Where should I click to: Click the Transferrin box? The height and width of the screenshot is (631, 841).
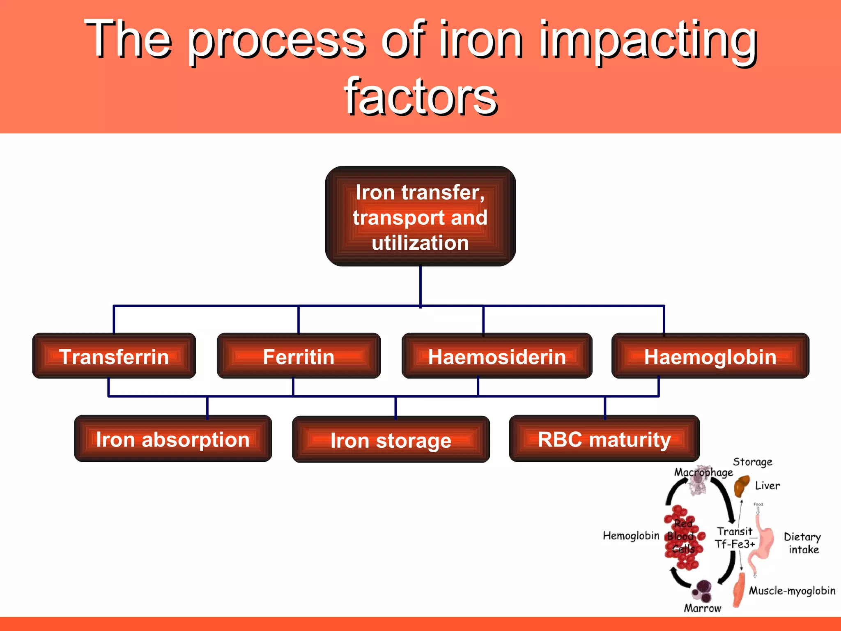point(114,356)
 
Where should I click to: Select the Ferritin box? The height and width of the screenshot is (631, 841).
point(299,356)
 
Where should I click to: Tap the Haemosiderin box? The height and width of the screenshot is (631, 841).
point(497,356)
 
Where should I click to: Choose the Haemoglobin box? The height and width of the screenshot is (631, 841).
point(710,356)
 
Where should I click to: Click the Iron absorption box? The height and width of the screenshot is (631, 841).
point(173,439)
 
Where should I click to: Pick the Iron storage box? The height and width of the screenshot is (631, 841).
point(391,440)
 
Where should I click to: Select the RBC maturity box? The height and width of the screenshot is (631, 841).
point(604,439)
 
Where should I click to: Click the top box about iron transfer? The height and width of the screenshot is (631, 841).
point(420,216)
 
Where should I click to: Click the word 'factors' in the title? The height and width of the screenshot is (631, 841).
point(420,97)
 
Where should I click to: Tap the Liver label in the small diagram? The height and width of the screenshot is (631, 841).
point(767,486)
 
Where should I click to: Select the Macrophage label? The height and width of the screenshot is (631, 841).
point(703,472)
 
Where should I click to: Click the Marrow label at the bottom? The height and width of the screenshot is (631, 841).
point(702,608)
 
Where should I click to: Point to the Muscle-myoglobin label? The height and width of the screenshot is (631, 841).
point(792,591)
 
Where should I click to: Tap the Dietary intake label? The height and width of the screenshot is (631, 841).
point(802,543)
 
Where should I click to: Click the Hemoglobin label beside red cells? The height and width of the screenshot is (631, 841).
point(631,536)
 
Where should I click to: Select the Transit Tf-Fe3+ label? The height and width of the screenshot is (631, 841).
point(735,538)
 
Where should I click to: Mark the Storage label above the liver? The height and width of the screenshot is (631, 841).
point(752,462)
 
